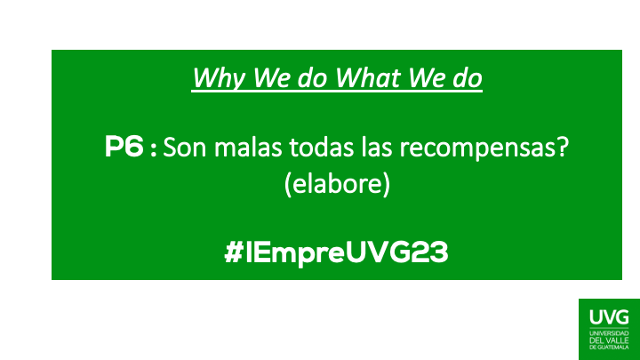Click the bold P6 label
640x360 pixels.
(124, 149)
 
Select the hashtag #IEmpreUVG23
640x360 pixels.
(337, 253)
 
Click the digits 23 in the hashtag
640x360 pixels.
(431, 253)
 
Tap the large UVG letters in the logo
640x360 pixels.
(608, 316)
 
